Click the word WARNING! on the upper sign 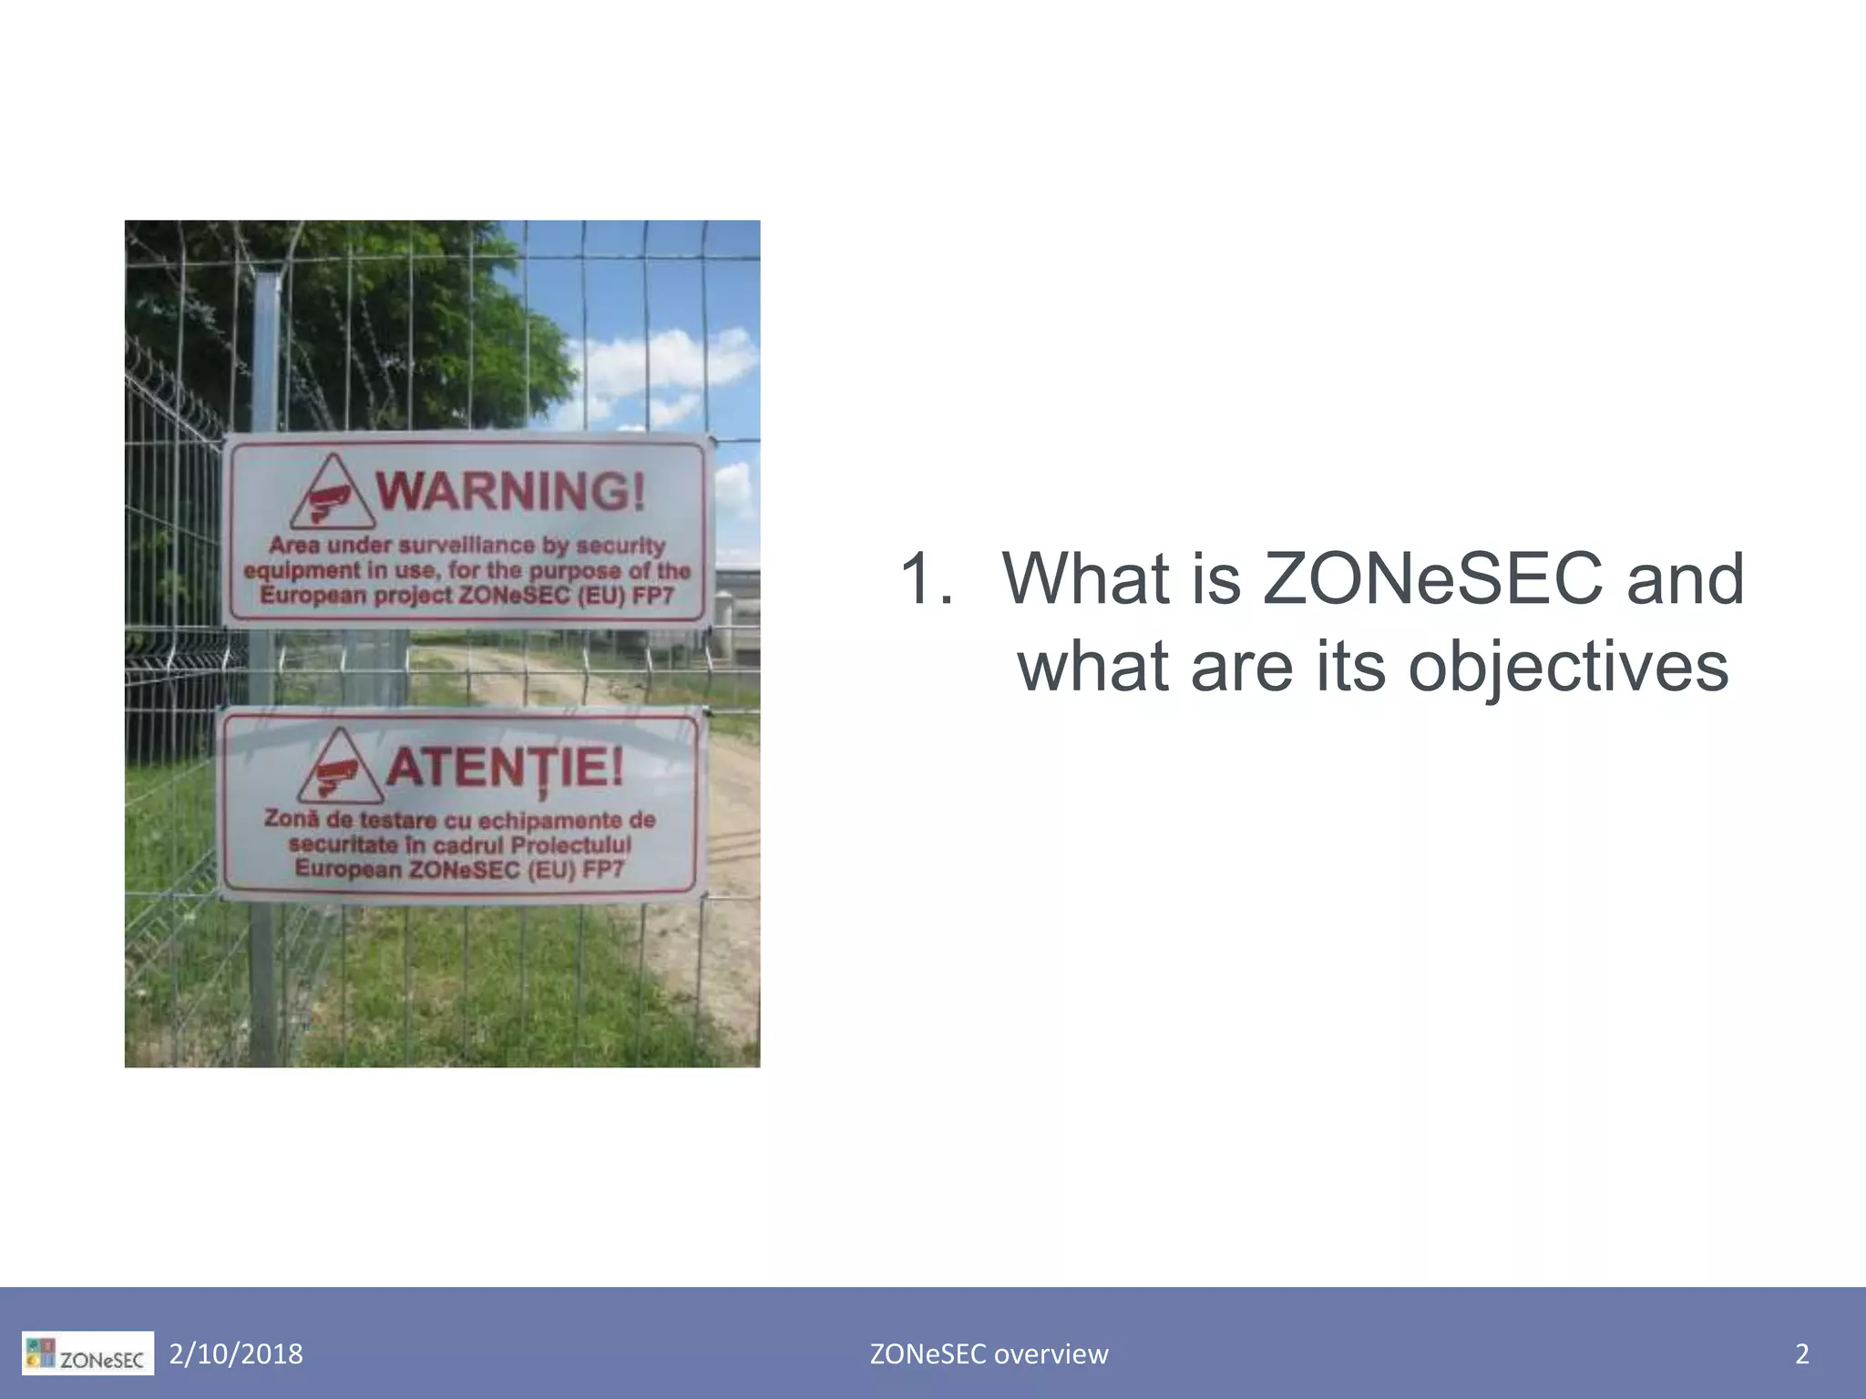511,491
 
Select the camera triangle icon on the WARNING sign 332,494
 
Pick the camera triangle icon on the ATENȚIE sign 338,768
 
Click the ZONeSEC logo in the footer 87,1353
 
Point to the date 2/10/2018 236,1354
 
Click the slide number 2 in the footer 1801,1354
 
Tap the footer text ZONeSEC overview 989,1354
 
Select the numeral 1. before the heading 927,578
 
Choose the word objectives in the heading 1568,667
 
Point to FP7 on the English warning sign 653,596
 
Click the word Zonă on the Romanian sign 291,818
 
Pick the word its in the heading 1355,667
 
